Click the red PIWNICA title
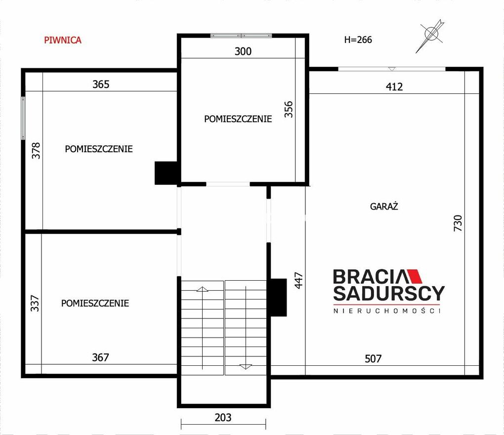pyautogui.click(x=63, y=40)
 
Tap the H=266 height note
pyautogui.click(x=358, y=40)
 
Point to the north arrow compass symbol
pyautogui.click(x=430, y=36)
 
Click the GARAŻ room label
pyautogui.click(x=384, y=206)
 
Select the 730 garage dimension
pyautogui.click(x=458, y=223)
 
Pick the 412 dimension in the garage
pyautogui.click(x=394, y=87)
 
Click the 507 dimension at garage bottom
pyautogui.click(x=373, y=358)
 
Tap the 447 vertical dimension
pyautogui.click(x=298, y=280)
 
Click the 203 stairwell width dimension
pyautogui.click(x=223, y=417)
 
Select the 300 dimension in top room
pyautogui.click(x=243, y=51)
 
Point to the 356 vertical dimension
pyautogui.click(x=289, y=109)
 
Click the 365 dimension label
pyautogui.click(x=101, y=84)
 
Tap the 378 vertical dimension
pyautogui.click(x=36, y=150)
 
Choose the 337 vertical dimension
pyautogui.click(x=35, y=303)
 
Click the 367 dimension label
pyautogui.click(x=101, y=357)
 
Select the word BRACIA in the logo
pyautogui.click(x=370, y=276)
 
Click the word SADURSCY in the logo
pyautogui.click(x=389, y=293)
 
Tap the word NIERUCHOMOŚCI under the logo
pyautogui.click(x=387, y=310)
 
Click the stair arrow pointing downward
pyautogui.click(x=246, y=327)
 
